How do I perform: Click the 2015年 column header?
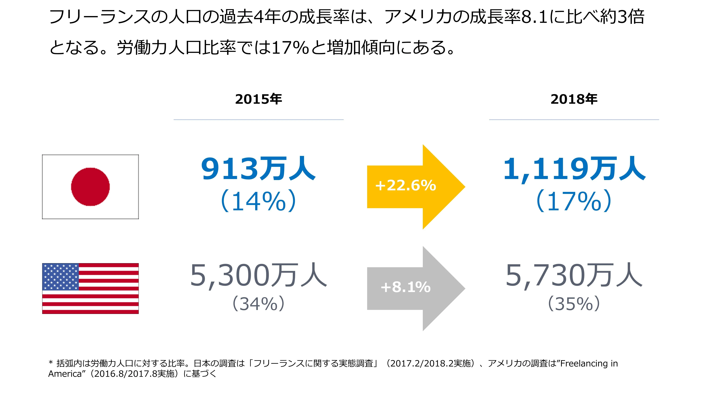pyautogui.click(x=259, y=99)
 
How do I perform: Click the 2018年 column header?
pyautogui.click(x=574, y=99)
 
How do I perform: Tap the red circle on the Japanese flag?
pyautogui.click(x=90, y=187)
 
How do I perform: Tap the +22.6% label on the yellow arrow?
pyautogui.click(x=405, y=186)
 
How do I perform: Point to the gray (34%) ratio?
pyautogui.click(x=259, y=304)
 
